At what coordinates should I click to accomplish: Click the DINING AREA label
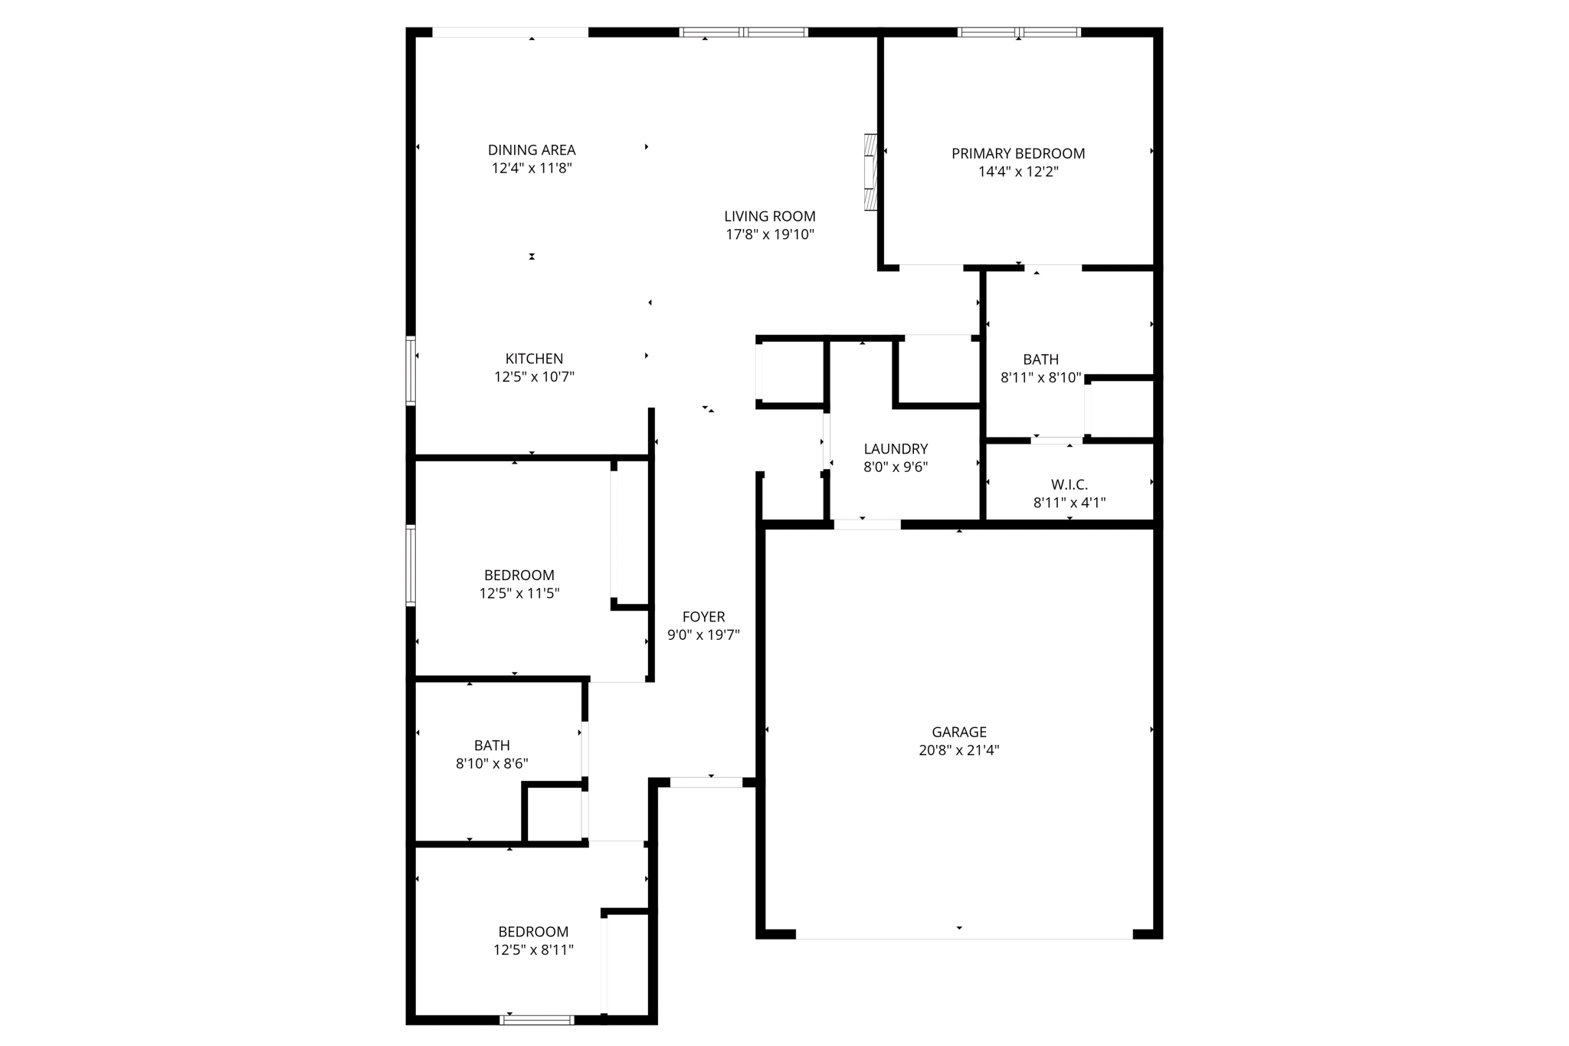[x=532, y=150]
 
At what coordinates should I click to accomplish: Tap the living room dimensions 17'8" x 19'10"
[x=769, y=234]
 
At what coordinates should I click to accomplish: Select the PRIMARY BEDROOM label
[x=1017, y=153]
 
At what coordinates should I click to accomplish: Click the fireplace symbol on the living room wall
[x=870, y=172]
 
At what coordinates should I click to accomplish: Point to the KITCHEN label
[x=534, y=359]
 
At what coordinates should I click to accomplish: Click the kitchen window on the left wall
[x=411, y=371]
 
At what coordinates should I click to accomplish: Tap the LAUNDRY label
[x=896, y=449]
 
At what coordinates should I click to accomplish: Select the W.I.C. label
[x=1069, y=484]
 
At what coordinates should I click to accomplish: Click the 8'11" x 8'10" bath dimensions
[x=1040, y=378]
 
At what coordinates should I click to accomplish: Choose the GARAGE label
[x=958, y=732]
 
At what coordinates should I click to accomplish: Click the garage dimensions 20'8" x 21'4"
[x=958, y=750]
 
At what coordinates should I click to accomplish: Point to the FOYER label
[x=703, y=617]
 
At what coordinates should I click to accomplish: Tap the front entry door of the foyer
[x=706, y=782]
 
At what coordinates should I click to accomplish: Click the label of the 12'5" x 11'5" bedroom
[x=519, y=575]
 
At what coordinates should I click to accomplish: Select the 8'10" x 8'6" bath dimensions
[x=491, y=763]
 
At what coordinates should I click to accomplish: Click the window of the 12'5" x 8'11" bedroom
[x=536, y=1019]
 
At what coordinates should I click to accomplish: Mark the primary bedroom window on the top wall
[x=1018, y=32]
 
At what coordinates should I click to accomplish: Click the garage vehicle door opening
[x=963, y=934]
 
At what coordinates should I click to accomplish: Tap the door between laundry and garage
[x=866, y=525]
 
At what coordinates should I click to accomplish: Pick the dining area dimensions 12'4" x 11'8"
[x=532, y=168]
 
